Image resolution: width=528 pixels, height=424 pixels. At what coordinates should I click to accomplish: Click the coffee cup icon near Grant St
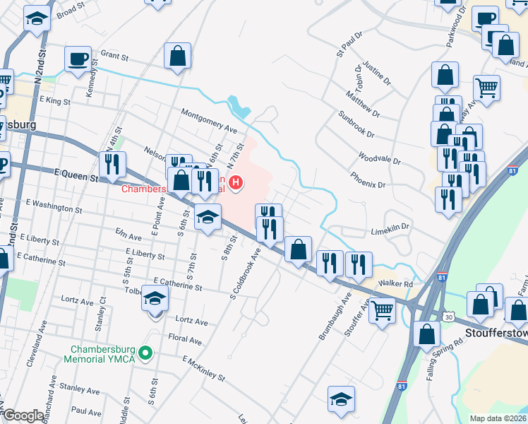78,58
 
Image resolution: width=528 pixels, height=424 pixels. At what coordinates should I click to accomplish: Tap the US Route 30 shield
449,317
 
